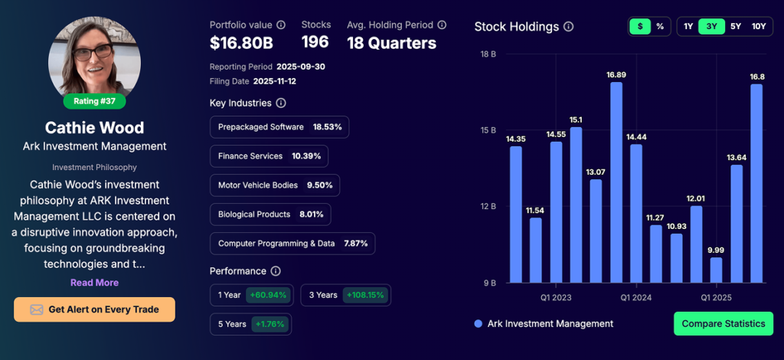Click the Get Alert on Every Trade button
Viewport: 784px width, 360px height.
pos(94,309)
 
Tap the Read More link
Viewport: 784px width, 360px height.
pos(94,283)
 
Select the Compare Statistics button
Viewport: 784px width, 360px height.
pos(723,323)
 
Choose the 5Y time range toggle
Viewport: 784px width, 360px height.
pos(736,27)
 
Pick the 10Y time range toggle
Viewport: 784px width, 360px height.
pos(758,27)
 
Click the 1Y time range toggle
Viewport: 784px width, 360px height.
pos(688,27)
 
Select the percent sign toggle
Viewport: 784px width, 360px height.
pos(660,27)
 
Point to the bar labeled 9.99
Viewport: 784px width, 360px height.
pos(716,270)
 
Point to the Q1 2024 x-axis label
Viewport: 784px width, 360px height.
pos(635,297)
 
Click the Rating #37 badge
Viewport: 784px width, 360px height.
pos(94,100)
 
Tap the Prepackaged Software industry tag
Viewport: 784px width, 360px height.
pos(279,127)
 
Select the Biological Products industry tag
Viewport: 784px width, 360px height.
pos(269,214)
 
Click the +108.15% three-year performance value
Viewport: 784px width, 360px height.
pos(364,295)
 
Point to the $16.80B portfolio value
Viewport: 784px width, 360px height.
pos(241,44)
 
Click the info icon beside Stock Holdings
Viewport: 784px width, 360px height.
pos(568,27)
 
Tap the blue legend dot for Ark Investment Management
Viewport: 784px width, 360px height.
pos(479,323)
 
